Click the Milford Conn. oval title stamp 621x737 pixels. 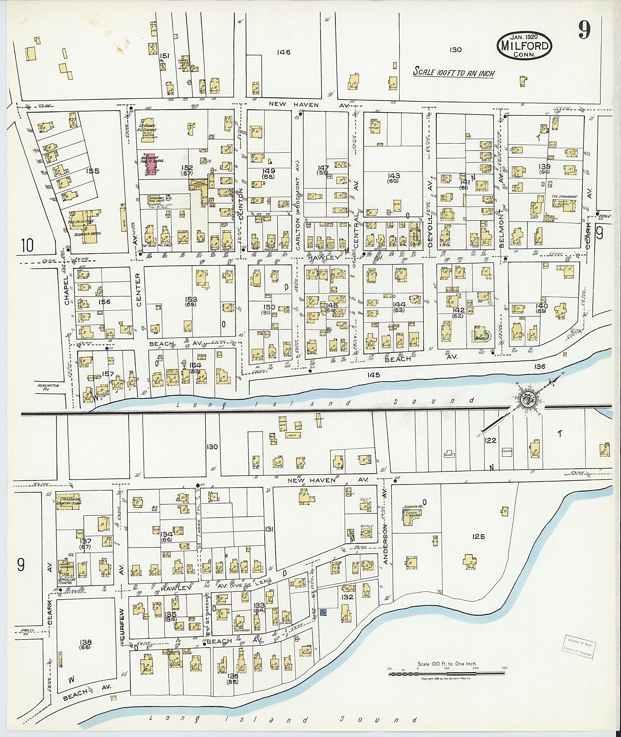(524, 46)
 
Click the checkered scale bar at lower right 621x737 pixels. (447, 674)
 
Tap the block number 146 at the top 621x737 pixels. (284, 52)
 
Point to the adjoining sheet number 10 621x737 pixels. (27, 245)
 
